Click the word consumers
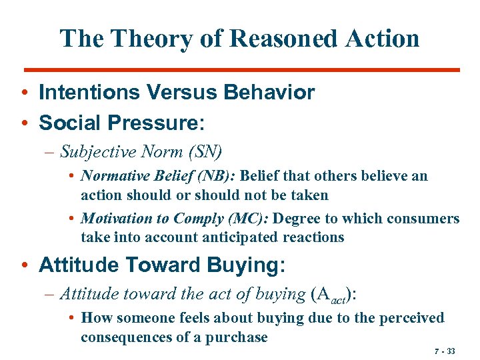pyautogui.click(x=427, y=219)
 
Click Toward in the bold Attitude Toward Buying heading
pyautogui.click(x=168, y=265)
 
